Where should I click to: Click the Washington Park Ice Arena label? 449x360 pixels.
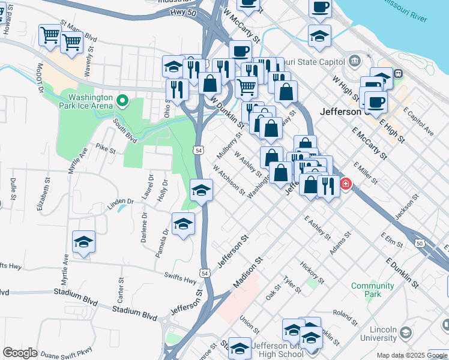[90, 101]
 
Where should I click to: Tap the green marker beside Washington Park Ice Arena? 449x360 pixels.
[123, 101]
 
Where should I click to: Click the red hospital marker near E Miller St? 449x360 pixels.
[346, 184]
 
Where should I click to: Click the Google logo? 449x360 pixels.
[20, 353]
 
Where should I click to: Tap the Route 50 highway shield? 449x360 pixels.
[419, 242]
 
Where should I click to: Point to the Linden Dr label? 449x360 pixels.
[120, 201]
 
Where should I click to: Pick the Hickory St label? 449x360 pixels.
[312, 272]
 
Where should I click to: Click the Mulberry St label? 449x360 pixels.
[229, 146]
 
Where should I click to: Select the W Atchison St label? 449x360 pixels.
[228, 181]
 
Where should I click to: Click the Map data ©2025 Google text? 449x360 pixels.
[411, 355]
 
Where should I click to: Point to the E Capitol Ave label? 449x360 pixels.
[418, 122]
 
